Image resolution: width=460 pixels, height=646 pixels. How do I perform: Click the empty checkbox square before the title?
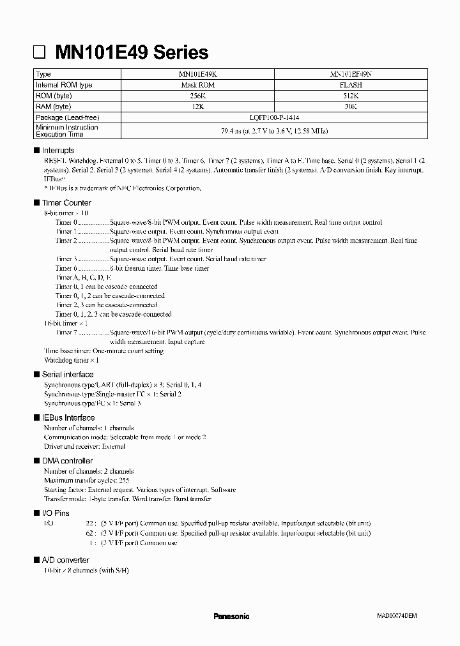[40, 52]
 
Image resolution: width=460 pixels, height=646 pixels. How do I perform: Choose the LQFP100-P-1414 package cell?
[274, 117]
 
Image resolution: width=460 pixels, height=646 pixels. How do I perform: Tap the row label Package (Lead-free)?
[68, 117]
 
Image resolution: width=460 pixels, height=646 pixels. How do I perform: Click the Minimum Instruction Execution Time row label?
[67, 130]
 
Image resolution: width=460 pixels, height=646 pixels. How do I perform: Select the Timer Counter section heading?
[66, 202]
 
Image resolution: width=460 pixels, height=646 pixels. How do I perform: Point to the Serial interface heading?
[67, 375]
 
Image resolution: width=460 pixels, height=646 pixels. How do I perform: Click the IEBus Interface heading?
[68, 417]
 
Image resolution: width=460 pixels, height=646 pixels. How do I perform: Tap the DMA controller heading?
[67, 461]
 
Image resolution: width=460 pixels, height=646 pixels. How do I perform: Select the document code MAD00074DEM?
[396, 616]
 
